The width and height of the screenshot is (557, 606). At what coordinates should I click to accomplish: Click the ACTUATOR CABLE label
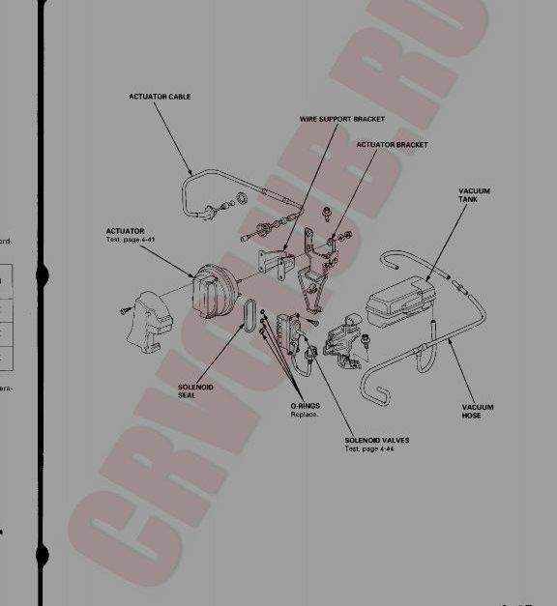click(x=159, y=97)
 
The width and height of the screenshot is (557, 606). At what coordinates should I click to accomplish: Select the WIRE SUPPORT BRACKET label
click(x=342, y=119)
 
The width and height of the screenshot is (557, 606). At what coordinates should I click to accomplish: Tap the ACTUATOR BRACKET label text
click(x=392, y=144)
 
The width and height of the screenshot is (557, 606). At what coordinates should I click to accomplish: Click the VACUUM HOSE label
click(x=478, y=412)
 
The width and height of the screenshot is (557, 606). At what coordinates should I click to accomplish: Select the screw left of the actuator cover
click(x=124, y=309)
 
